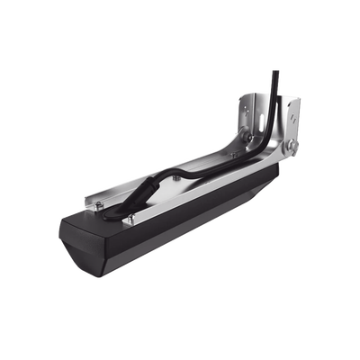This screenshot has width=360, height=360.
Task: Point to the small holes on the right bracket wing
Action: pos(292,115)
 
